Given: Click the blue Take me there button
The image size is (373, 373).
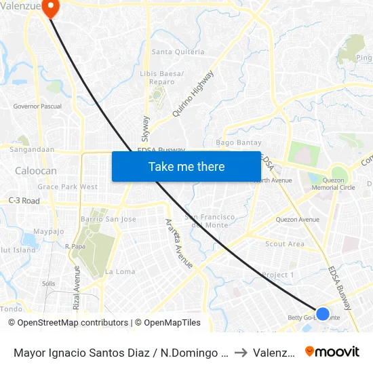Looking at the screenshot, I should pyautogui.click(x=186, y=166).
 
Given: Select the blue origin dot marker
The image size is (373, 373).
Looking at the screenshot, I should pyautogui.click(x=323, y=314).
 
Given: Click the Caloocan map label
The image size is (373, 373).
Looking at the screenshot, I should pyautogui.click(x=36, y=171).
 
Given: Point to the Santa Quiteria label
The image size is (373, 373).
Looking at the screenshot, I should pyautogui.click(x=178, y=52).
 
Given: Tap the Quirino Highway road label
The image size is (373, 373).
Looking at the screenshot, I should pyautogui.click(x=193, y=94).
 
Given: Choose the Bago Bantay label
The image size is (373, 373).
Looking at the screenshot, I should pyautogui.click(x=234, y=142).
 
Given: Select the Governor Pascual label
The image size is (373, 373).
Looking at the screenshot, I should pyautogui.click(x=37, y=106).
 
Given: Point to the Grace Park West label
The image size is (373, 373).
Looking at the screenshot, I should pyautogui.click(x=68, y=186).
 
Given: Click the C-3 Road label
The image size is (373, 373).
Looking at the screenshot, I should pyautogui.click(x=24, y=201).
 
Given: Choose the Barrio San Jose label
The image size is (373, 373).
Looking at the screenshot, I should pyautogui.click(x=109, y=219).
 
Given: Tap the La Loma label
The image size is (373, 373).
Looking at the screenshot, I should pyautogui.click(x=120, y=271).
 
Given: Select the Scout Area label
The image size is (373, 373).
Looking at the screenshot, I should pyautogui.click(x=285, y=244).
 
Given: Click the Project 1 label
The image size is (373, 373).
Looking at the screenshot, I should pyautogui.click(x=278, y=275).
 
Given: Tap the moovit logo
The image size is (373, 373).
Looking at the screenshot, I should pyautogui.click(x=332, y=351).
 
